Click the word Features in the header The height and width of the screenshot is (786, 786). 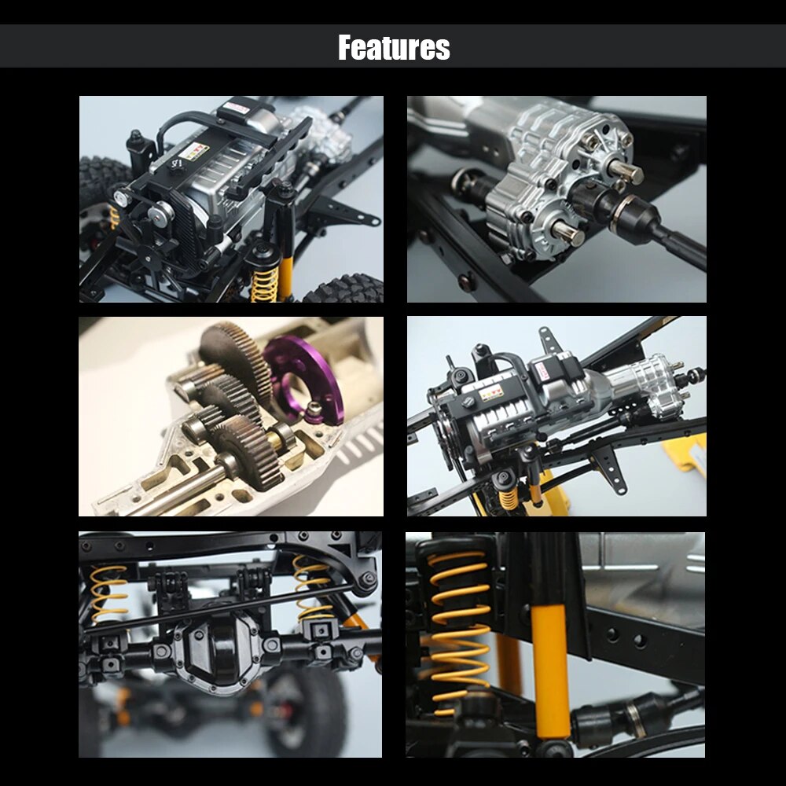(x=394, y=48)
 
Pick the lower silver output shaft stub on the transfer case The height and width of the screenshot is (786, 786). (x=568, y=233)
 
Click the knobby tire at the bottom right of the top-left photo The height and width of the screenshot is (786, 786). (x=346, y=290)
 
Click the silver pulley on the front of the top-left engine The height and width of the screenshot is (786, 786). (x=161, y=213)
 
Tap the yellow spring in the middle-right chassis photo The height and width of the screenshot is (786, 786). (x=508, y=498)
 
